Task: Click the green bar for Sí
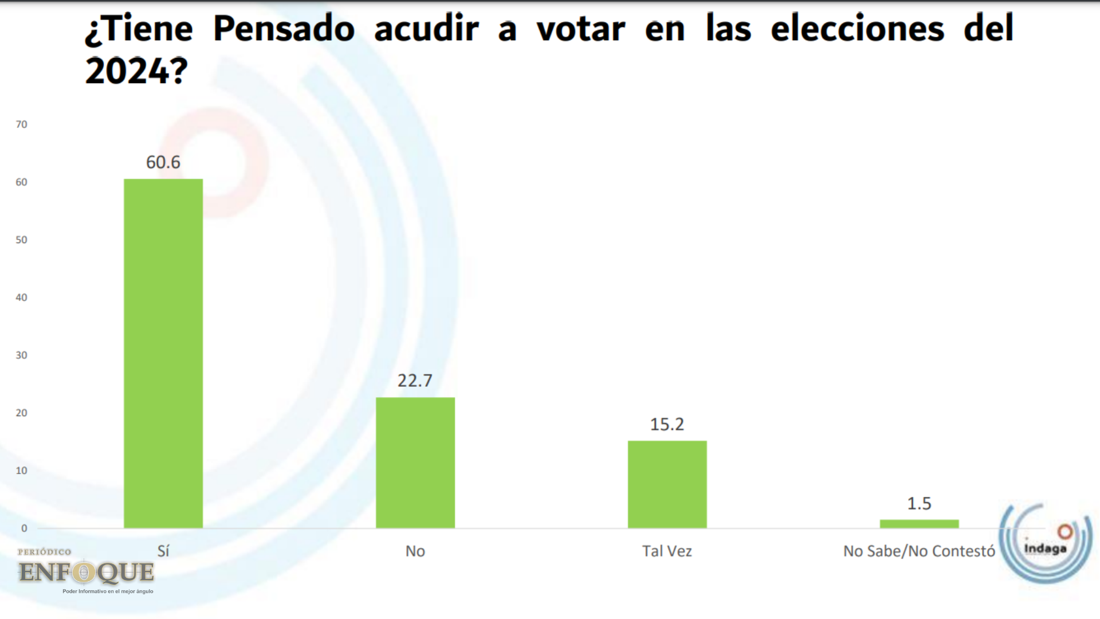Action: tap(163, 353)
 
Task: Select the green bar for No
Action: tap(415, 463)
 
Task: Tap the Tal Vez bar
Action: tap(667, 484)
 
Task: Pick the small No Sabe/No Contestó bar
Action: tap(919, 524)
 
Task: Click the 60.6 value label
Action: tap(163, 162)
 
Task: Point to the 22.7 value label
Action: tap(415, 381)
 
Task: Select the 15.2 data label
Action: tap(667, 424)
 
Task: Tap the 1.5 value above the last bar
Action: tap(919, 504)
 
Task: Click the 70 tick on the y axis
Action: tap(22, 124)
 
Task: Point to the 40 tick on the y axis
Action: tap(22, 297)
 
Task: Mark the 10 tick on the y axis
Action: tap(22, 471)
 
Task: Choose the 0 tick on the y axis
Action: tap(24, 528)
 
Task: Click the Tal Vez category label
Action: tap(667, 551)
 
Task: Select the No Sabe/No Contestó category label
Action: tap(919, 551)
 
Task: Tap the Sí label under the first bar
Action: tap(163, 551)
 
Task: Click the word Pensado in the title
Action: tap(284, 29)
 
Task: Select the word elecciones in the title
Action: tap(857, 29)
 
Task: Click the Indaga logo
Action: tap(1046, 543)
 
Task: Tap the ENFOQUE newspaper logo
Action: tap(86, 572)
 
